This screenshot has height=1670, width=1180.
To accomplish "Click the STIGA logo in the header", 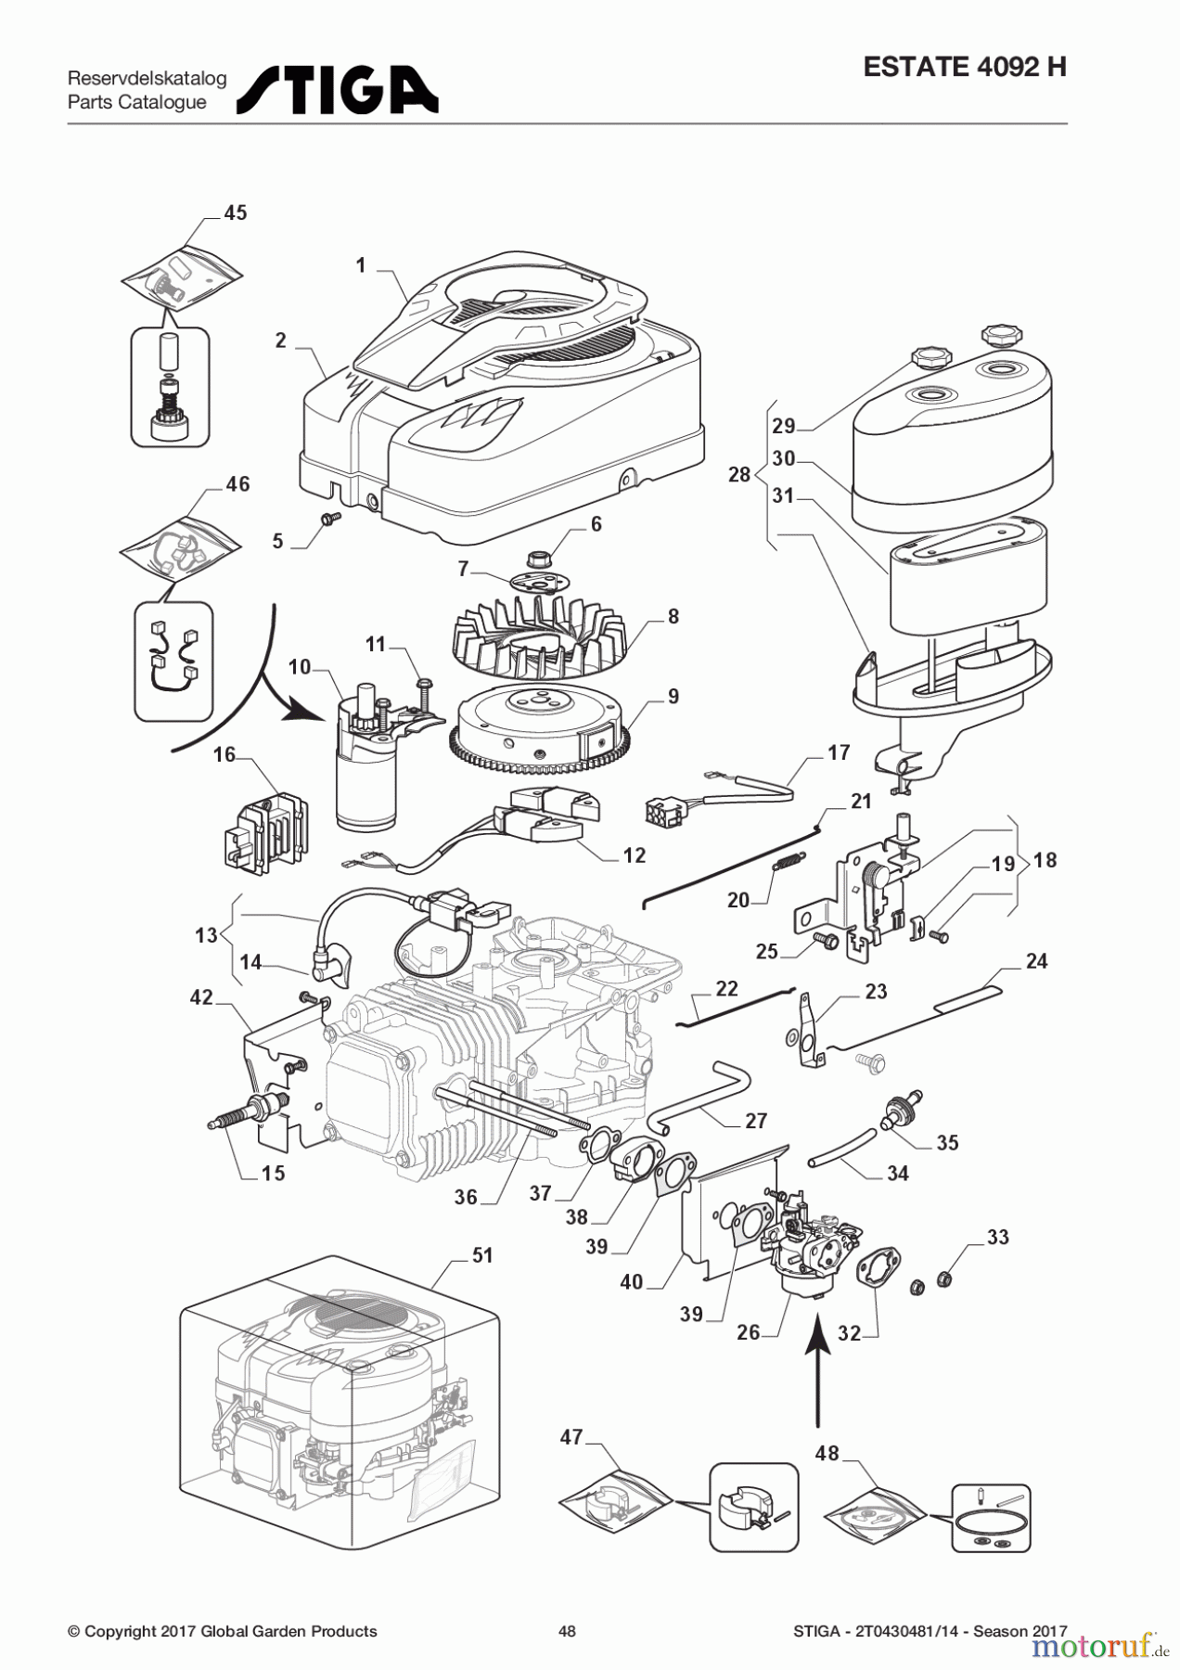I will pos(338,90).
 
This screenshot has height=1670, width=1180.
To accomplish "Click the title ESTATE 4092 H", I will pos(964,67).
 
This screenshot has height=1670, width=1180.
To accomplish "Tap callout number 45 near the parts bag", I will pos(236,212).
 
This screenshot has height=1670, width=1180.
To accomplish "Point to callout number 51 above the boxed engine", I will pos(482,1255).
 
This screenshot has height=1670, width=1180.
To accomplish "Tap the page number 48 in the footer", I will pos(567,1631).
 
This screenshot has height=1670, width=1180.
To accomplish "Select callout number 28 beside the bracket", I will pos(738,474).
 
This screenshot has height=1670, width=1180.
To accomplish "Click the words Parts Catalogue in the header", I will pos(137,102).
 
